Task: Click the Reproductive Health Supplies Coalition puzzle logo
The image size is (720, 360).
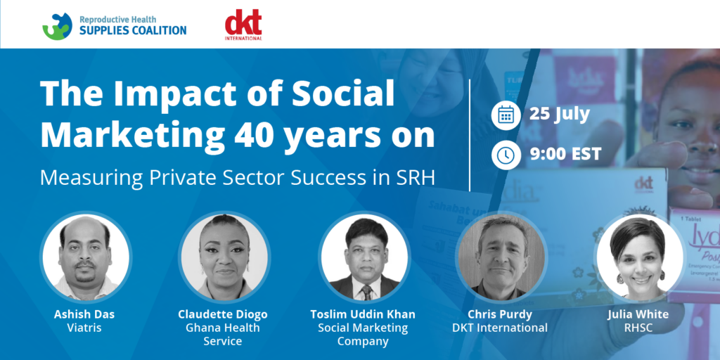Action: tap(58, 26)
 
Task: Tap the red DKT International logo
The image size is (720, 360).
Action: tap(243, 25)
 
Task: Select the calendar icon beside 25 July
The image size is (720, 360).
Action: tap(506, 116)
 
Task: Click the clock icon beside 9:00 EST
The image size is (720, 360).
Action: tap(506, 155)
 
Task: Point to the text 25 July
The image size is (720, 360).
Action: tap(559, 115)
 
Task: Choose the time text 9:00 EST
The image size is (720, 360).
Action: tap(565, 154)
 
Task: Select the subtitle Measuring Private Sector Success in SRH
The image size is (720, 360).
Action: tap(237, 178)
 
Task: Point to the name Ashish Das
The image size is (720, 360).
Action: tap(85, 314)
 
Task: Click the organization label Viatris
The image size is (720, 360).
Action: tap(85, 328)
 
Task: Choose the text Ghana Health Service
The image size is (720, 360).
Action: tap(223, 335)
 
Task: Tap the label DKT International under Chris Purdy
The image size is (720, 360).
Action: tap(499, 328)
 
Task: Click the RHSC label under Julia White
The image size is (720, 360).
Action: tap(638, 328)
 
